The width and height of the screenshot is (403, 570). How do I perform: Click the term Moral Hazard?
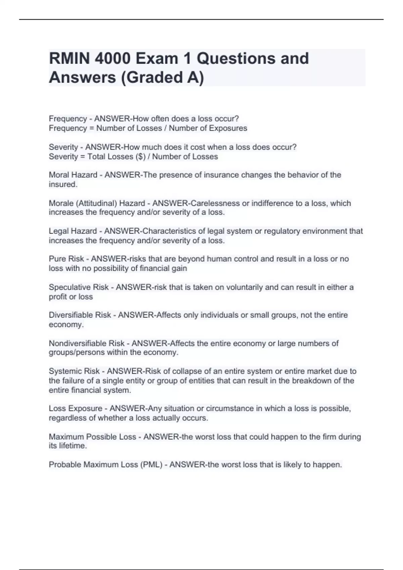coord(73,175)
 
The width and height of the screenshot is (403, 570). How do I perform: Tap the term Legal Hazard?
coord(73,231)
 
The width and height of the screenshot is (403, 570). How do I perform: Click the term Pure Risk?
coord(66,259)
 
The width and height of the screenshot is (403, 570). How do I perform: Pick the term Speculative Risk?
coord(79,287)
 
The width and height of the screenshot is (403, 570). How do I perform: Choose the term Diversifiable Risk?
coord(80,315)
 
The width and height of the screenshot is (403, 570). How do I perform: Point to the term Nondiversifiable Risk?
coord(86,343)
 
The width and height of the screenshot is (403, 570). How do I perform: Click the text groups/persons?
coord(77,352)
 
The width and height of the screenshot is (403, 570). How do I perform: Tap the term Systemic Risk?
coord(74,371)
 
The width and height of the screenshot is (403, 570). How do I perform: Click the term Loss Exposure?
coord(75,408)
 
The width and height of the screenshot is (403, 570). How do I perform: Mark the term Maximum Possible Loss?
coord(92,437)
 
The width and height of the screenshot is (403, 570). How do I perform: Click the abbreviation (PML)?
coord(151,465)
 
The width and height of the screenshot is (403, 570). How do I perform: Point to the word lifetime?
coord(73,446)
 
